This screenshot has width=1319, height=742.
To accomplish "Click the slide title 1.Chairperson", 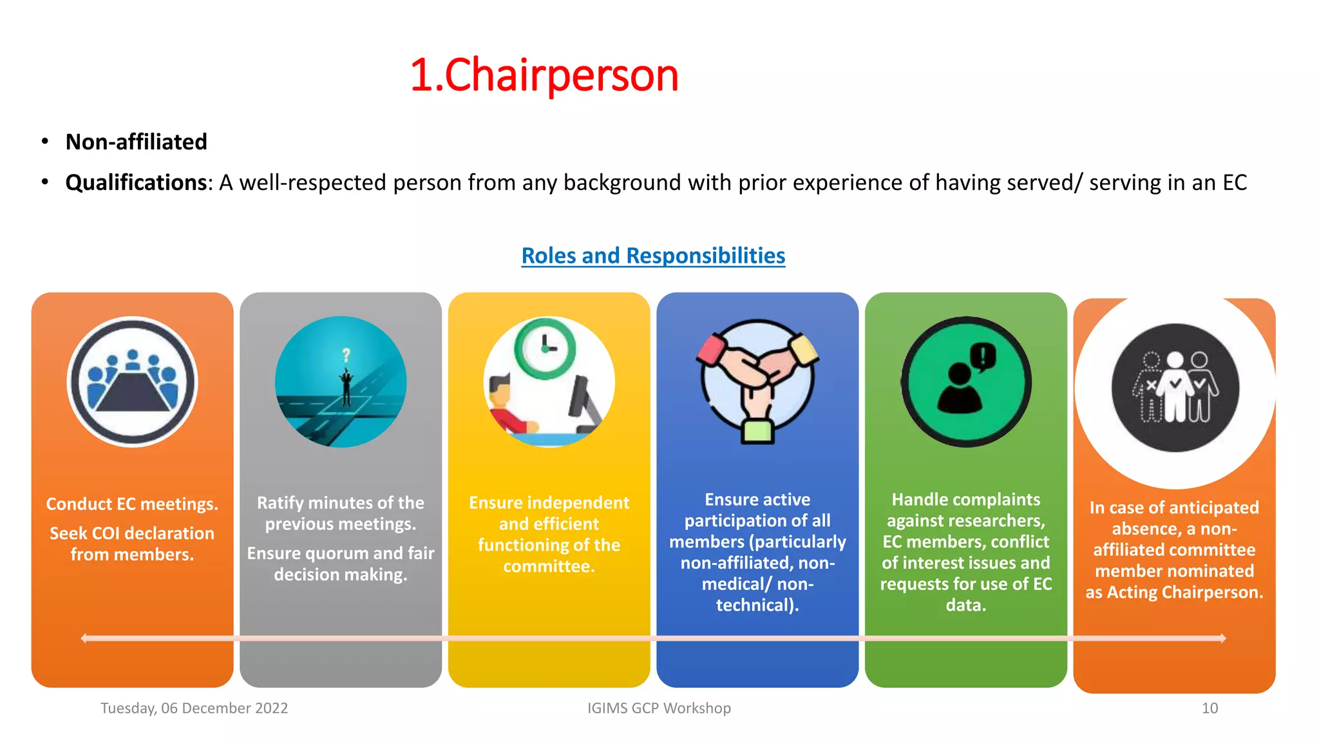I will pos(544,75).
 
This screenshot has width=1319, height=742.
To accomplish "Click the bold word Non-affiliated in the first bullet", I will pos(136,142).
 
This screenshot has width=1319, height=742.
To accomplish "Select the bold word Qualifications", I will pos(136,183).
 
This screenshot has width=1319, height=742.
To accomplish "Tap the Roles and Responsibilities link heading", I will pos(653,256).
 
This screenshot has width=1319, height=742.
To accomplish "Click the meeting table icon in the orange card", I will pos(133,382).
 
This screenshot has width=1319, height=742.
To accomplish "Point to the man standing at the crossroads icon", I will pos(346,386).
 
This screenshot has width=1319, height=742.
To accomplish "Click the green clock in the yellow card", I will pos(545,348).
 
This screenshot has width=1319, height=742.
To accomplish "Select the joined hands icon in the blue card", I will pos(757,381).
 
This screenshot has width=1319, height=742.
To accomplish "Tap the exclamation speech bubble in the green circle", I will pos(983,356).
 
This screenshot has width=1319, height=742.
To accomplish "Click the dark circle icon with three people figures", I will pos(1175,387).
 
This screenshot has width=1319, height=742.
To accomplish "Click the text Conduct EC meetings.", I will pos(132,504).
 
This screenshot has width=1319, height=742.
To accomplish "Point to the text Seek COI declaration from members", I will pos(132,544).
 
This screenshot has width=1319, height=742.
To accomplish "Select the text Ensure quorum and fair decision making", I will pos(341,564).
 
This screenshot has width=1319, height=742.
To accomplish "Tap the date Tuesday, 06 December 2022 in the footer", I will pos(194,708).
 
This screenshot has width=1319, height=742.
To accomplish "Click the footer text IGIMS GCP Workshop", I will pos(659,708).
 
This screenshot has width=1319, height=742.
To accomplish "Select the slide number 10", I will pos(1210,708).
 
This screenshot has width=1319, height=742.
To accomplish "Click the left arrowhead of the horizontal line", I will pos(84,638).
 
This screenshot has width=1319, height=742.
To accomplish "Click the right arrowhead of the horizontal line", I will pos(1222,638).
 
